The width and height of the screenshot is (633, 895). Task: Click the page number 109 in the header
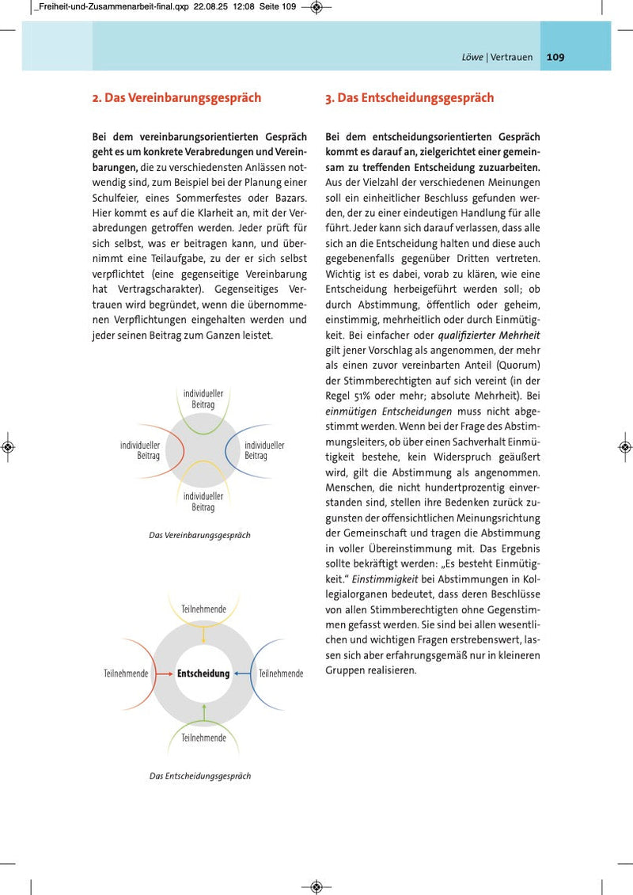click(555, 57)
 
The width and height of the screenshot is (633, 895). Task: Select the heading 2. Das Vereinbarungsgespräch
click(176, 98)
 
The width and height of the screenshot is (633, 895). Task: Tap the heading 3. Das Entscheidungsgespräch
click(409, 98)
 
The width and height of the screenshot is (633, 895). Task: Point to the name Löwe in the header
click(472, 57)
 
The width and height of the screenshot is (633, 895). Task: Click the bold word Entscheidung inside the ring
click(203, 673)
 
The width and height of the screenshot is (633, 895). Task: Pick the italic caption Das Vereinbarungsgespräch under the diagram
click(199, 536)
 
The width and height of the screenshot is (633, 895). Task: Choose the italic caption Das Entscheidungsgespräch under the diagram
click(200, 776)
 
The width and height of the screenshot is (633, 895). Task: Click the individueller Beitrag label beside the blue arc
click(264, 450)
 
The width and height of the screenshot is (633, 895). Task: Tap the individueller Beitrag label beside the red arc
click(140, 450)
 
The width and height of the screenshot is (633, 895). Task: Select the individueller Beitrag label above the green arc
click(203, 398)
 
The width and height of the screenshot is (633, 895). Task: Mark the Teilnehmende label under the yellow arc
click(203, 609)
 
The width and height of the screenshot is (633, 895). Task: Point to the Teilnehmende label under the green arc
click(203, 738)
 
